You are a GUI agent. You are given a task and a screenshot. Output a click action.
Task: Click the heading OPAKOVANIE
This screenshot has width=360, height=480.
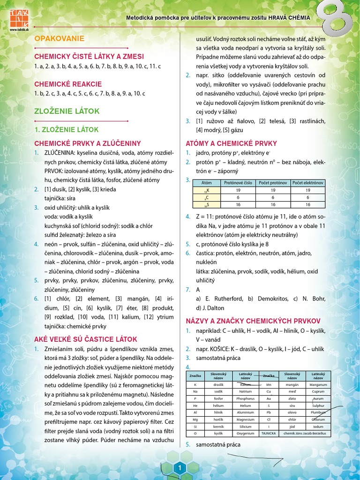[x=60, y=38]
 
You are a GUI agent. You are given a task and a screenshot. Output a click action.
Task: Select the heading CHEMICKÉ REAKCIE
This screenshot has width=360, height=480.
[x=68, y=84]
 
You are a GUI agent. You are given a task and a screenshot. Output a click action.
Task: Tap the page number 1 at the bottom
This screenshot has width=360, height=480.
[x=180, y=468]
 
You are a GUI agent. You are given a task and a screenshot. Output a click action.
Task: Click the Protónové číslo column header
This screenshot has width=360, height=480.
[x=239, y=183]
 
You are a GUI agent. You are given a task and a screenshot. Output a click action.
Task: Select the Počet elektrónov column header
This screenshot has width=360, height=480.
[x=307, y=183]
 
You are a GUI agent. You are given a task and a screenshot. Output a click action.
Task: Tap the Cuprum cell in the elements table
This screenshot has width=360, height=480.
[x=318, y=391]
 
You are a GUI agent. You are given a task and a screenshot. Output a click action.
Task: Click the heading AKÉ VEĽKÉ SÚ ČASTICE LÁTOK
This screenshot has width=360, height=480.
[x=86, y=338]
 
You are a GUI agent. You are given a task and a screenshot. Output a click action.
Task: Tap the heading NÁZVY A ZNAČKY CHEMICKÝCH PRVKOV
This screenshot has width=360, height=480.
[x=253, y=321]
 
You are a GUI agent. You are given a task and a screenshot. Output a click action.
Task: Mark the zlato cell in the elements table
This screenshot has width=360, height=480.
[x=292, y=398]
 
